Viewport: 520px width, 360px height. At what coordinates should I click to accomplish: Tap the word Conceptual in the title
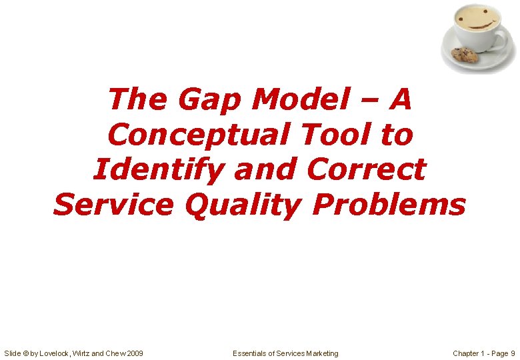198,135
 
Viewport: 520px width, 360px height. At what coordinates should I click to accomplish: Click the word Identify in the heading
159,170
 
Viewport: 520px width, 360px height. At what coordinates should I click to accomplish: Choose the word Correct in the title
365,170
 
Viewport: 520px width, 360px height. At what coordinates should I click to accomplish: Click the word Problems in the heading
388,205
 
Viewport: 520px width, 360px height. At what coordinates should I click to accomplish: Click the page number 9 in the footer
512,353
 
